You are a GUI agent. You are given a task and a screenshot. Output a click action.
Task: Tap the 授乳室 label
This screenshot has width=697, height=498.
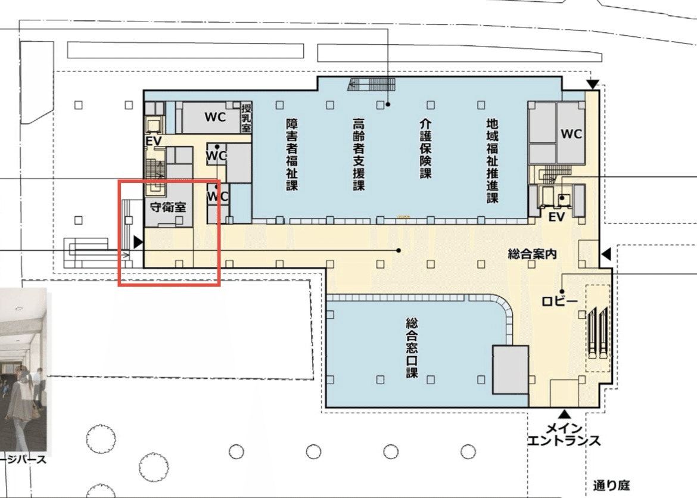(245, 119)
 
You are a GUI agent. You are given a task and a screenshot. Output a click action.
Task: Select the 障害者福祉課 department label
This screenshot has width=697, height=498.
(292, 154)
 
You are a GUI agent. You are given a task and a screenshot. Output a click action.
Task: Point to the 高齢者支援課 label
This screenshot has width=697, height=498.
(358, 154)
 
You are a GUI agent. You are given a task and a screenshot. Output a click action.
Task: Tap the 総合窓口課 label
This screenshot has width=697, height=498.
(412, 348)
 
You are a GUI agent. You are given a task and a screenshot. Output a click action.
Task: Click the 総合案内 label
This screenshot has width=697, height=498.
(532, 254)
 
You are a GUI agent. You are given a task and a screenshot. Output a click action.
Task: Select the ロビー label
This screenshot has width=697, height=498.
(559, 301)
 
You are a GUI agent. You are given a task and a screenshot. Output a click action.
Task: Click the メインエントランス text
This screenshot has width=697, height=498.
(563, 435)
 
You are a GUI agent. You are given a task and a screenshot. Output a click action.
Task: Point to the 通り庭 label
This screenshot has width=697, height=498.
(611, 485)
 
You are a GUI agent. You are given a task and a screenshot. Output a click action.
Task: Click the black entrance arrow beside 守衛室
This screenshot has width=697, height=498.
(138, 242)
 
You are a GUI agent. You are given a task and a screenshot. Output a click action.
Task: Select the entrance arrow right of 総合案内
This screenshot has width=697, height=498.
(606, 255)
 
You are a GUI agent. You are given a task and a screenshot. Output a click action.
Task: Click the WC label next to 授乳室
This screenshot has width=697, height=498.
(215, 117)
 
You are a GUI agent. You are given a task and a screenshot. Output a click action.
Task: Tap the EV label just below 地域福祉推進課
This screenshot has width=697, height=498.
(556, 217)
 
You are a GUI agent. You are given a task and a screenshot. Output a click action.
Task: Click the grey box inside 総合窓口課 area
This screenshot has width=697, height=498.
(510, 369)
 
